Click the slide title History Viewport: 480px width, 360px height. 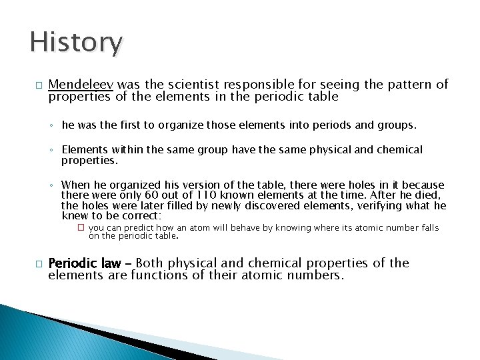pos(76,43)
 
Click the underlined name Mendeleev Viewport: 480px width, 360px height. pos(81,85)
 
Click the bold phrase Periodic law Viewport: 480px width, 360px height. pos(85,263)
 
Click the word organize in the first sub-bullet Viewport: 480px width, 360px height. pos(167,125)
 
